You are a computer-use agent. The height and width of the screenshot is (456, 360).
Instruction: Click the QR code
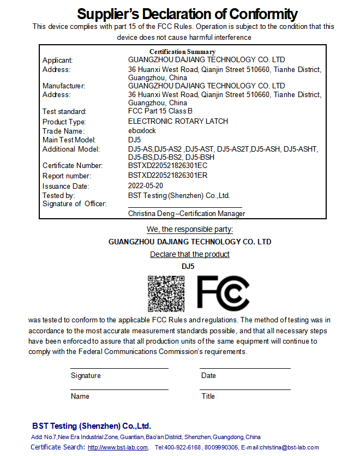(166, 293)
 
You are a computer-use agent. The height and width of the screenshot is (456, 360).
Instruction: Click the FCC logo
(223, 293)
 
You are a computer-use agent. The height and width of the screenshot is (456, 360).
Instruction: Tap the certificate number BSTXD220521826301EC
(167, 165)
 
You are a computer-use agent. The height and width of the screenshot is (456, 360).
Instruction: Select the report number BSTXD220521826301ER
(167, 176)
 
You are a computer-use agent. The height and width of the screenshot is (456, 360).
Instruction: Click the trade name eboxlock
(142, 131)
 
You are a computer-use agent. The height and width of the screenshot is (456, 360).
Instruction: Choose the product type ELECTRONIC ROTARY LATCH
(178, 121)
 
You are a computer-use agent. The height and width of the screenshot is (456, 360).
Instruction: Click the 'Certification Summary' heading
(182, 52)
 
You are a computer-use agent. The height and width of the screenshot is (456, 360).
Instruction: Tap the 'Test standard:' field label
(64, 112)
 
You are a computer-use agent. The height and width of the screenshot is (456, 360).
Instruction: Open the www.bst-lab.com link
(117, 448)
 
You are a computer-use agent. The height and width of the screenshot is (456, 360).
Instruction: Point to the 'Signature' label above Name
(86, 376)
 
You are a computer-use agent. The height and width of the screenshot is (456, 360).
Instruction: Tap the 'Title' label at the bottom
(208, 397)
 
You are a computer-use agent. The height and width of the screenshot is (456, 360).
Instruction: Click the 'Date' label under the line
(208, 376)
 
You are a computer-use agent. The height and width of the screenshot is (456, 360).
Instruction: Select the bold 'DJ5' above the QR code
(188, 267)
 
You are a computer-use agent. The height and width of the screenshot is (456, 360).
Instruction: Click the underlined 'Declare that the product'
(190, 254)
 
